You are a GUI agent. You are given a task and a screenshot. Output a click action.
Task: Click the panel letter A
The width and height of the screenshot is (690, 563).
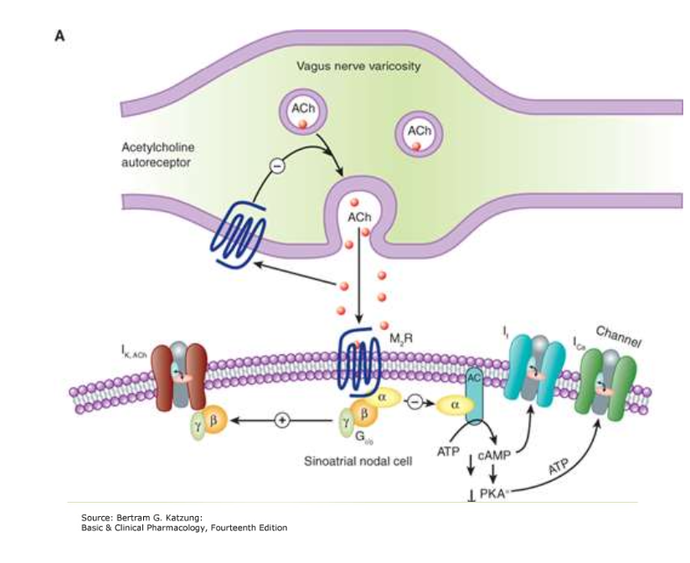tap(59, 35)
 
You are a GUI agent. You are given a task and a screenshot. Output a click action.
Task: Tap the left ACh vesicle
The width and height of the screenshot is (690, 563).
tap(300, 114)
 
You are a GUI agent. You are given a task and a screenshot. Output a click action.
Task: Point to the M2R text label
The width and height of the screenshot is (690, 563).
tap(405, 338)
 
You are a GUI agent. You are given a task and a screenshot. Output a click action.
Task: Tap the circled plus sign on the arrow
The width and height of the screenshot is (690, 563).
tap(282, 421)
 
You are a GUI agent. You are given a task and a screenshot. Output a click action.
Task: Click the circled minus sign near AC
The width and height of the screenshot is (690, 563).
tap(414, 402)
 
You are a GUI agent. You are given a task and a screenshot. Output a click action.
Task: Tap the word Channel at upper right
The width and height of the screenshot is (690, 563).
tap(617, 336)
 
